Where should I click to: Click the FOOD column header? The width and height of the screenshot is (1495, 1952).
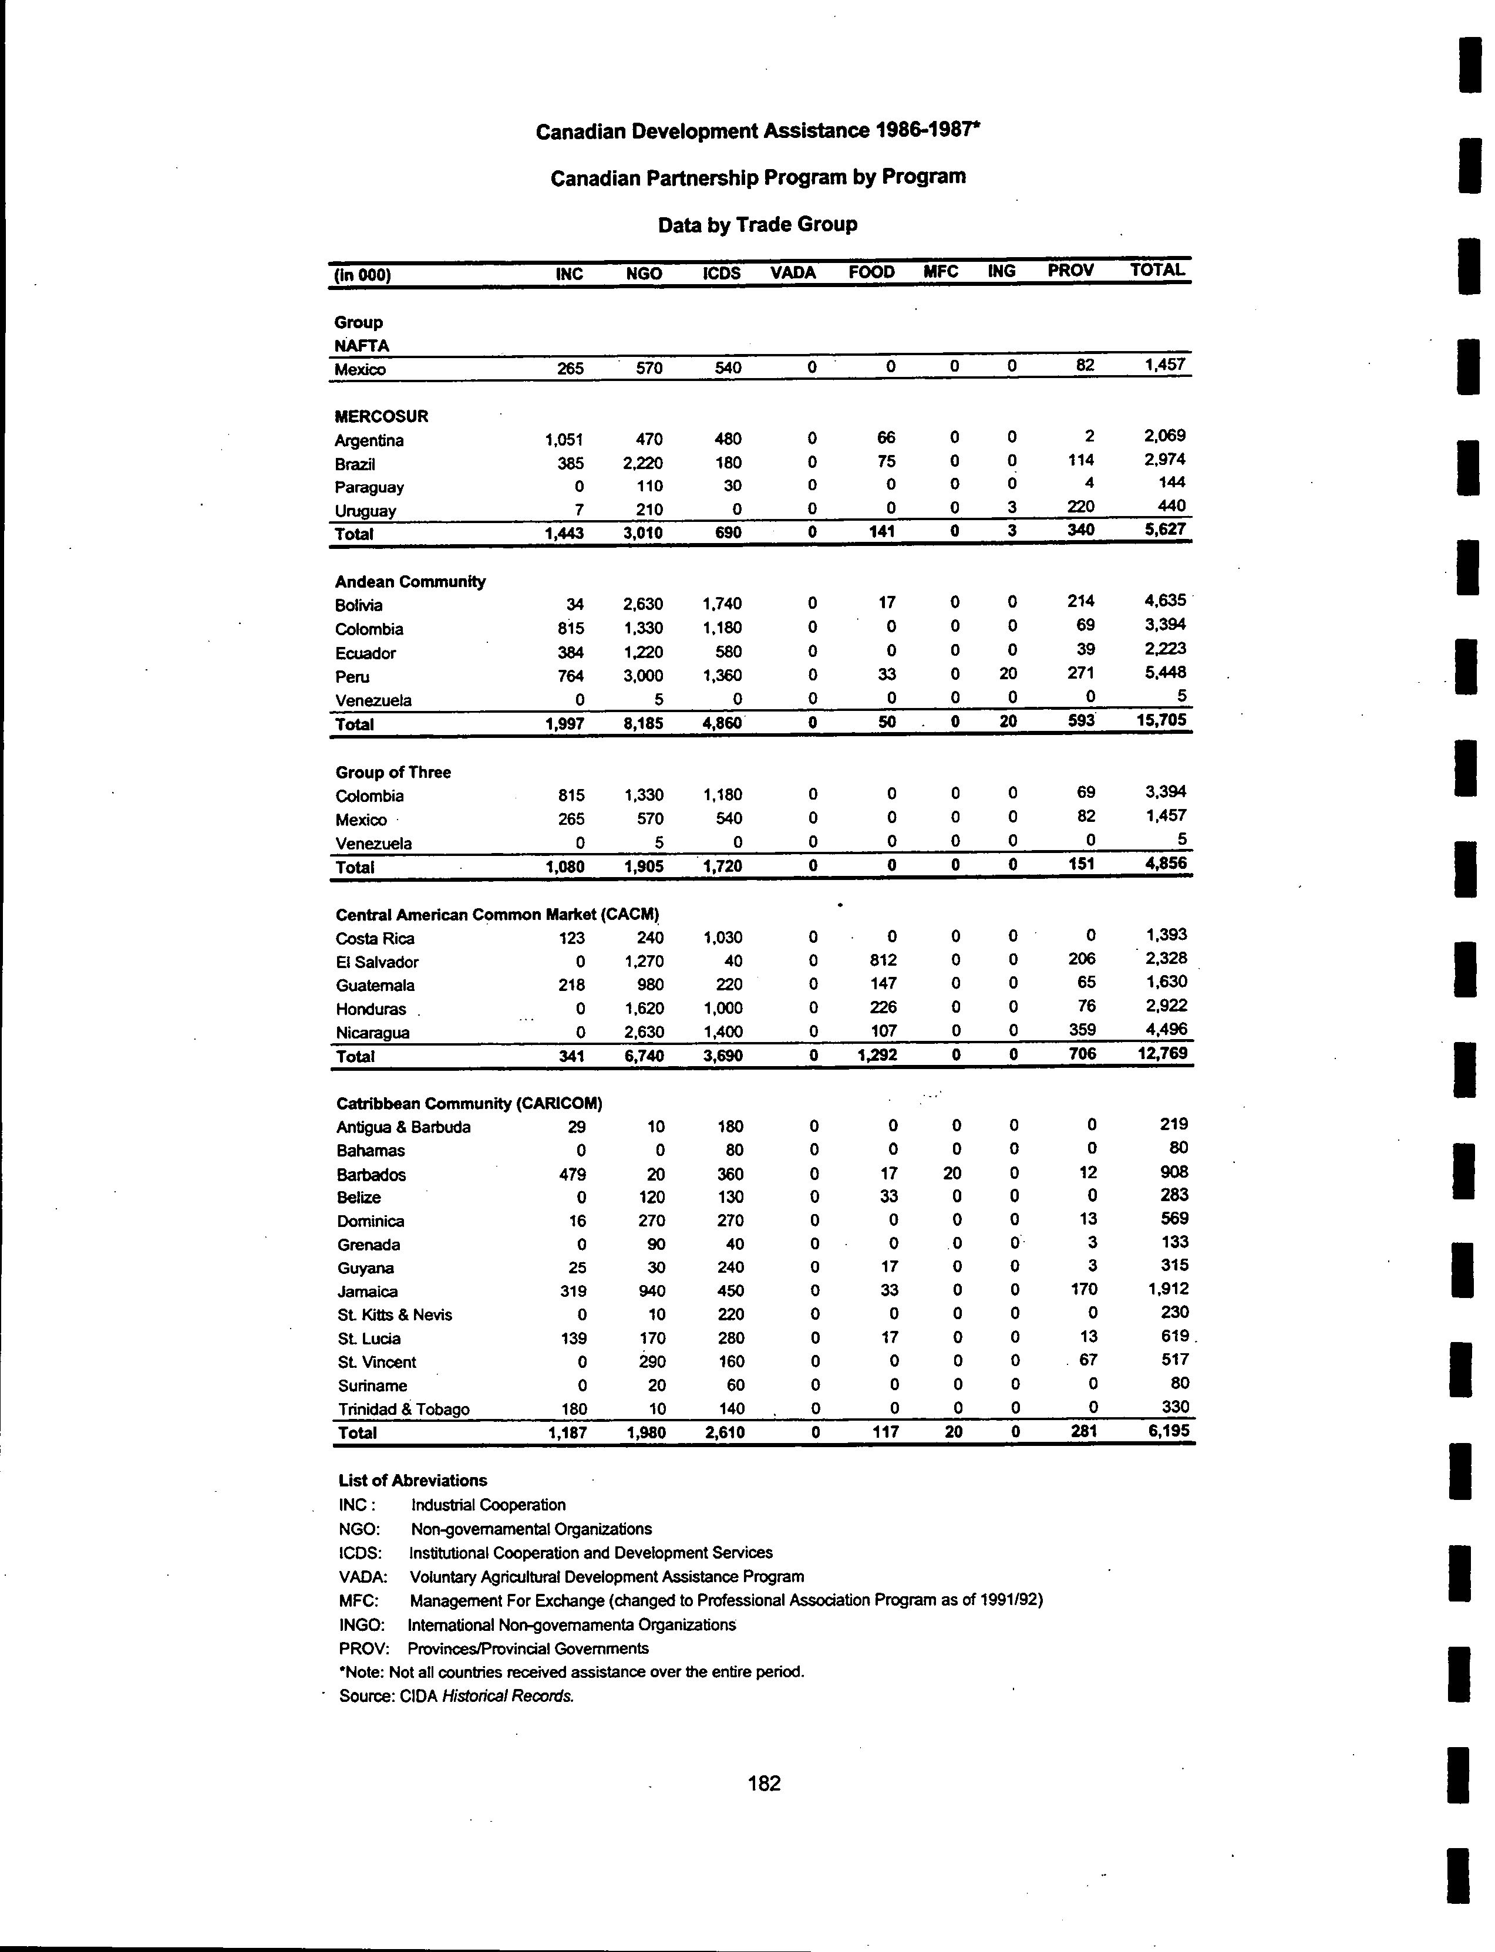(x=871, y=272)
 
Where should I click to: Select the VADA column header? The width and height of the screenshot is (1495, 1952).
(x=793, y=273)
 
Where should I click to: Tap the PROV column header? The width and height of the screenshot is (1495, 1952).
(x=1070, y=271)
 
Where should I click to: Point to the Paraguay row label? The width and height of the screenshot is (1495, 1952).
(x=369, y=487)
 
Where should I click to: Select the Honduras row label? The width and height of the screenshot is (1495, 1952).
(x=371, y=1009)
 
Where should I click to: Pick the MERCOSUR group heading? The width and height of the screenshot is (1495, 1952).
(x=382, y=416)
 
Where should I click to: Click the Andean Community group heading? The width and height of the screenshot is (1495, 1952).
(x=410, y=582)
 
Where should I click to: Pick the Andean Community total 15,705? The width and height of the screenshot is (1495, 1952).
(x=1161, y=720)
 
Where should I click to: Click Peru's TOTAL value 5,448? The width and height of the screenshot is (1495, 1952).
(x=1165, y=673)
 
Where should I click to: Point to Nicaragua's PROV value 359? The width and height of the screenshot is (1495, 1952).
(x=1080, y=1029)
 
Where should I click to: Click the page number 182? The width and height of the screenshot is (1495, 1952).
(x=765, y=1783)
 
